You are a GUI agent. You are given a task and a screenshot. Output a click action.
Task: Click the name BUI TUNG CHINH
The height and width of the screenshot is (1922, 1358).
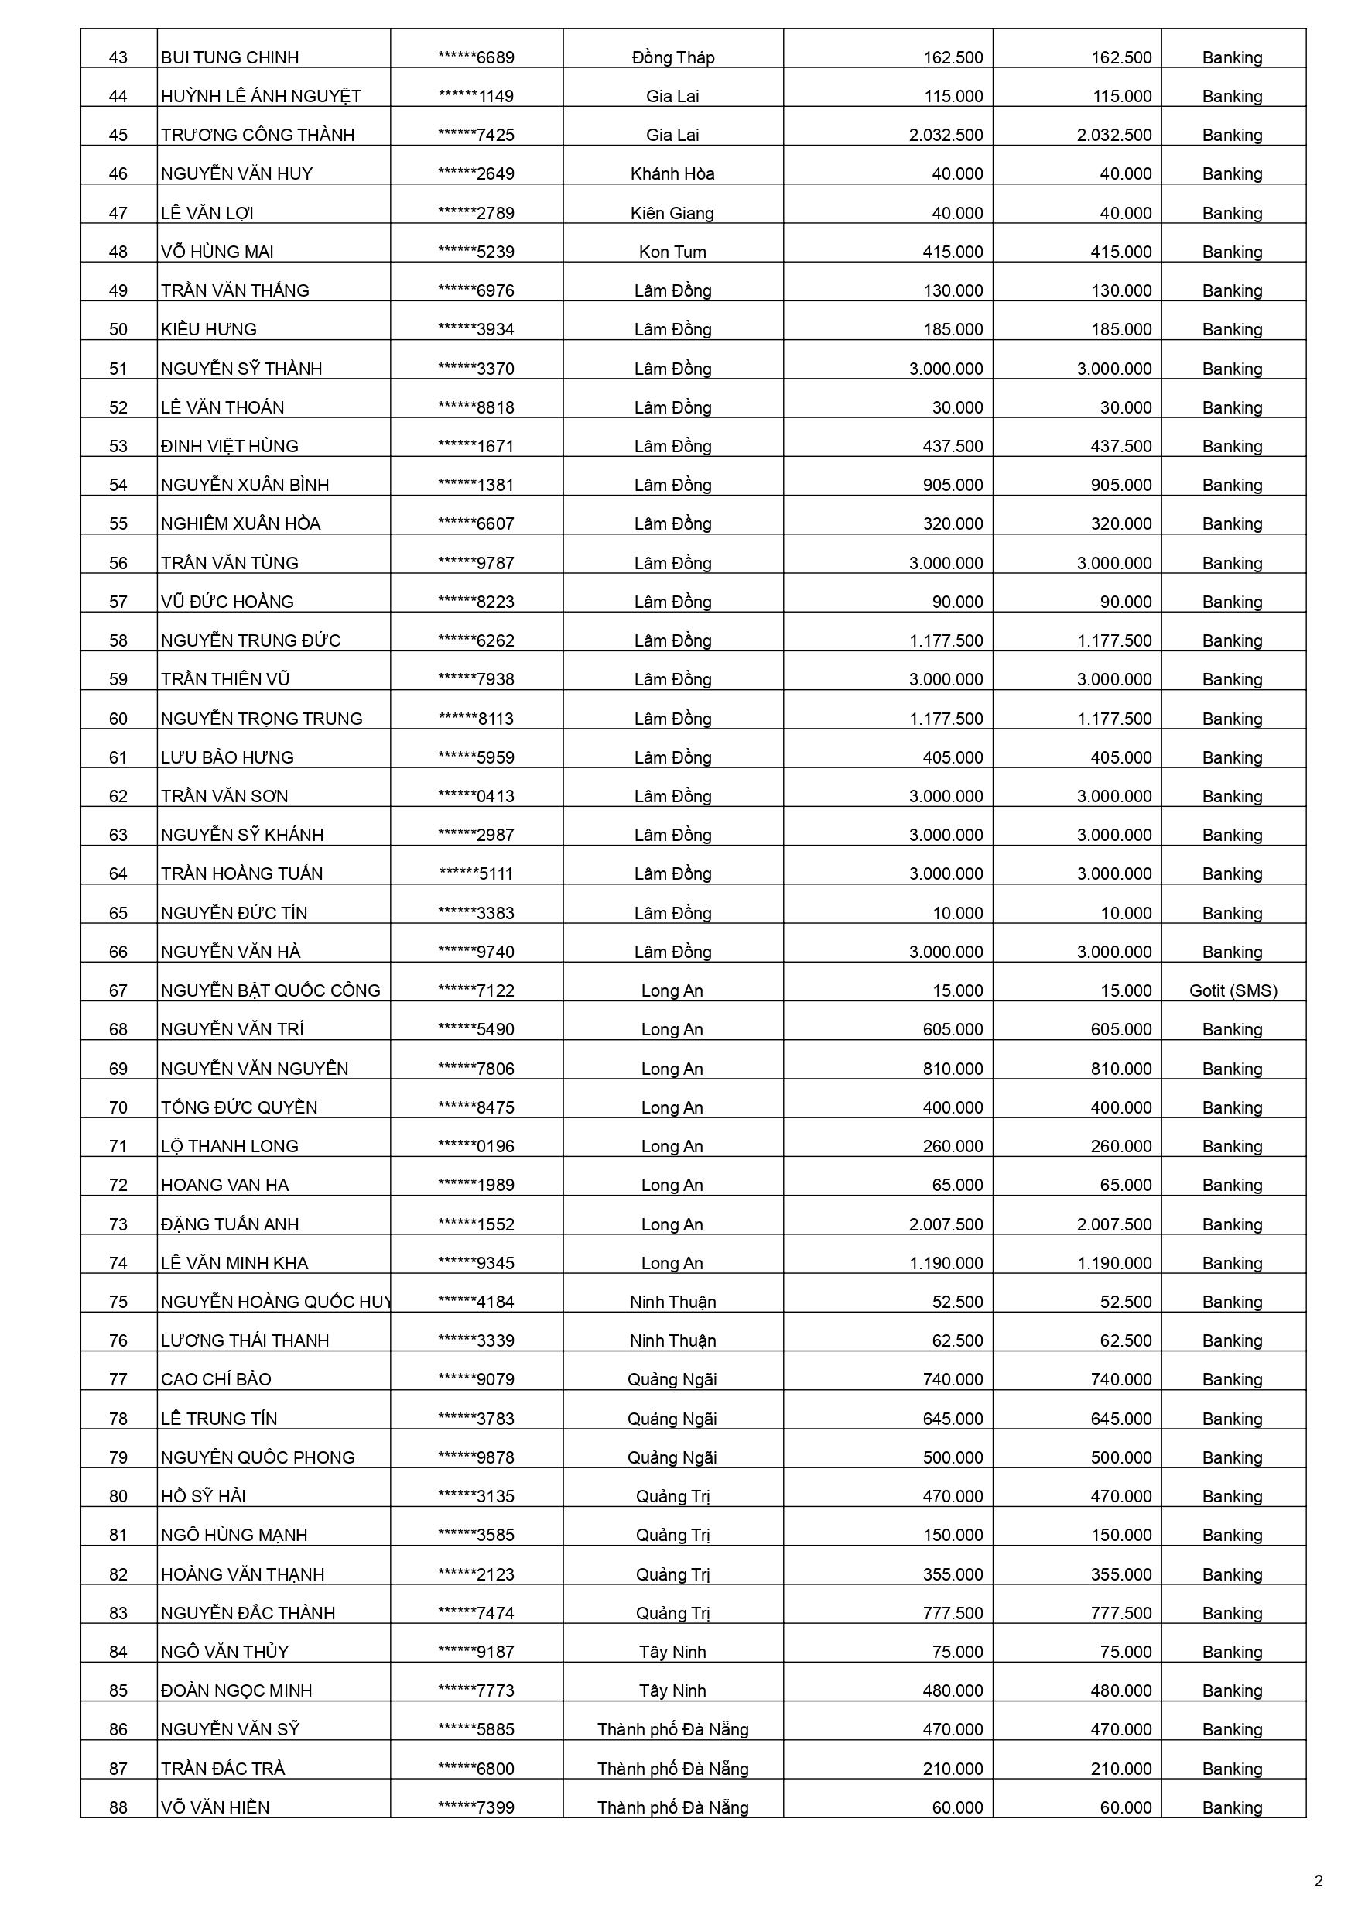[x=229, y=58]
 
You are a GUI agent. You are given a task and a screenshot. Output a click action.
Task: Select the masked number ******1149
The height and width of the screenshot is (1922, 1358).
[x=476, y=96]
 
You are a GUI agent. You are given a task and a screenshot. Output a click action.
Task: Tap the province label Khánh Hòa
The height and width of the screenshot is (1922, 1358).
[x=672, y=174]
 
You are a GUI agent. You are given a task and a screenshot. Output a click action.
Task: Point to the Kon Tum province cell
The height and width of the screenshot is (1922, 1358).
[x=672, y=252]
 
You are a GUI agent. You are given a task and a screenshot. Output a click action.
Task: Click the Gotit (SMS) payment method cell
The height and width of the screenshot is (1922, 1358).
[x=1233, y=990]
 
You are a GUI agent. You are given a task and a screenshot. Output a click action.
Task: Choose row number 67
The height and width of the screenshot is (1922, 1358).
[x=118, y=990]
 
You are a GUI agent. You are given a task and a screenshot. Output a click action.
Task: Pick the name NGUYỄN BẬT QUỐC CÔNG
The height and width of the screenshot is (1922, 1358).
[x=270, y=990]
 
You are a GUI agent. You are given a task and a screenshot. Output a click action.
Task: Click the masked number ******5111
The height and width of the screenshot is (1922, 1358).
[x=476, y=874]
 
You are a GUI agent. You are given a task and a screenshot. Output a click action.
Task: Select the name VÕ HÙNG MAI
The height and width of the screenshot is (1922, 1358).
[x=217, y=252]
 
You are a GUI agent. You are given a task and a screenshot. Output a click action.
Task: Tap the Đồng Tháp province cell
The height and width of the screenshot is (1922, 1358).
[x=672, y=58]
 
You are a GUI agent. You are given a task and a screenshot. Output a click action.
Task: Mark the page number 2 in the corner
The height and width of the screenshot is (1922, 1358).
[x=1319, y=1881]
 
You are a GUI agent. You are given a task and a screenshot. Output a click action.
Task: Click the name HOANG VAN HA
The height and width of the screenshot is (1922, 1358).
[x=224, y=1185]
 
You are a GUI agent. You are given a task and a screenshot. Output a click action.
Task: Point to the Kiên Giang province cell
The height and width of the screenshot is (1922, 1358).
[x=672, y=213]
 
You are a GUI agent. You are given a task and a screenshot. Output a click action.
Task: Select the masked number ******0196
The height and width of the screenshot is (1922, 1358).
[x=476, y=1146]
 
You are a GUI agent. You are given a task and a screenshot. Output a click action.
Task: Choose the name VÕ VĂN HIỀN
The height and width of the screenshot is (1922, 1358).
[x=215, y=1807]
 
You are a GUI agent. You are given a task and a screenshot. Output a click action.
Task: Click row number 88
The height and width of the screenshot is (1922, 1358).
[x=118, y=1807]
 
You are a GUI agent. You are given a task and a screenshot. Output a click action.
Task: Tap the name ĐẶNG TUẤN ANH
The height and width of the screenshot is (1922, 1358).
[x=229, y=1224]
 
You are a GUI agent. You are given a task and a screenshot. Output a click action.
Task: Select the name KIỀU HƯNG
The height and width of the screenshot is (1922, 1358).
[x=208, y=329]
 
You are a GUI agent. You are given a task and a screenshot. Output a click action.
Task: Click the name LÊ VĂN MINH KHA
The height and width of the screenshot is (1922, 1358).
[x=234, y=1262]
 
